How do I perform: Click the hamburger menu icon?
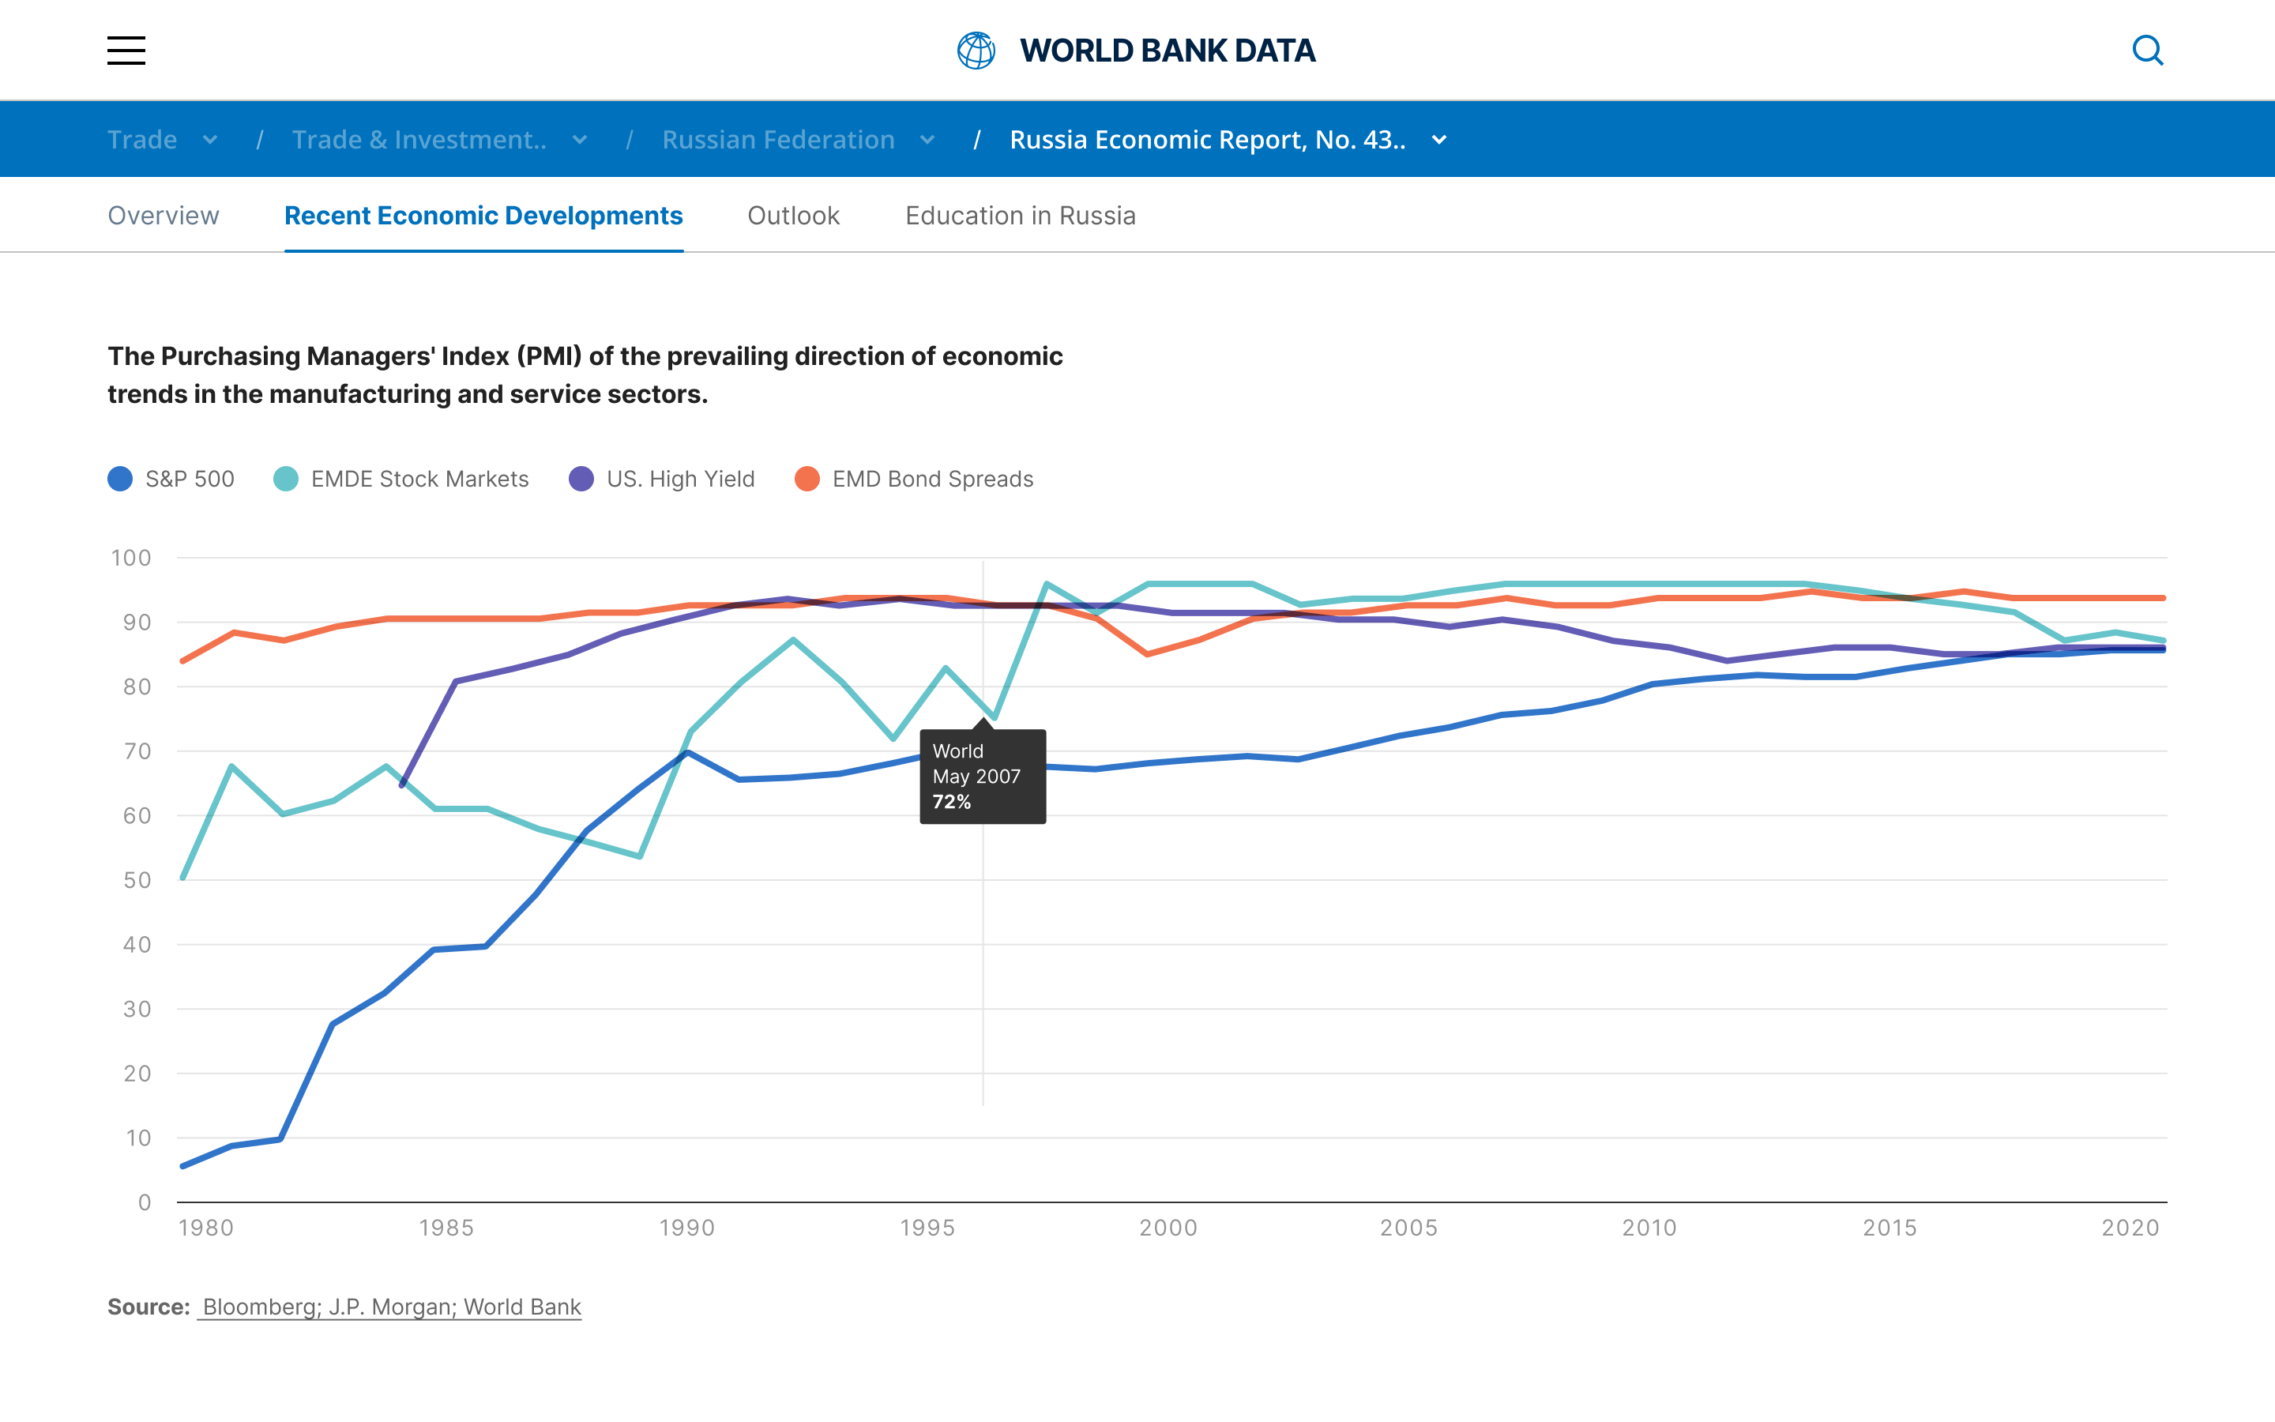(126, 51)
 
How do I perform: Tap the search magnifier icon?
(2147, 51)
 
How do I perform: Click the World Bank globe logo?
(976, 51)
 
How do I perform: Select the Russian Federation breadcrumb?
(778, 140)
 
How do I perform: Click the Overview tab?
(164, 216)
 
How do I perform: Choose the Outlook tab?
(793, 216)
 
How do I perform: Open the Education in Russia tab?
(1020, 216)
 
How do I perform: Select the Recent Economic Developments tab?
(483, 216)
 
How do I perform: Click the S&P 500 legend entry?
(172, 479)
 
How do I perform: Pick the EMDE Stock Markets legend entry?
(402, 479)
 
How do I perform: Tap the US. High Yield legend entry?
(663, 479)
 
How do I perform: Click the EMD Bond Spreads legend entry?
(915, 479)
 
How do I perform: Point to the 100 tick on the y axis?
(132, 558)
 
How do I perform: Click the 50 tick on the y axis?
(137, 880)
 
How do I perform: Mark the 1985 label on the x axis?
(446, 1228)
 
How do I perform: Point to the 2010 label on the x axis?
(1649, 1228)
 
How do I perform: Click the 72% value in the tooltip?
(951, 802)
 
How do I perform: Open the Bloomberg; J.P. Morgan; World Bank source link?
(391, 1307)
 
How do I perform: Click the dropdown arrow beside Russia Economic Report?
(1438, 140)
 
